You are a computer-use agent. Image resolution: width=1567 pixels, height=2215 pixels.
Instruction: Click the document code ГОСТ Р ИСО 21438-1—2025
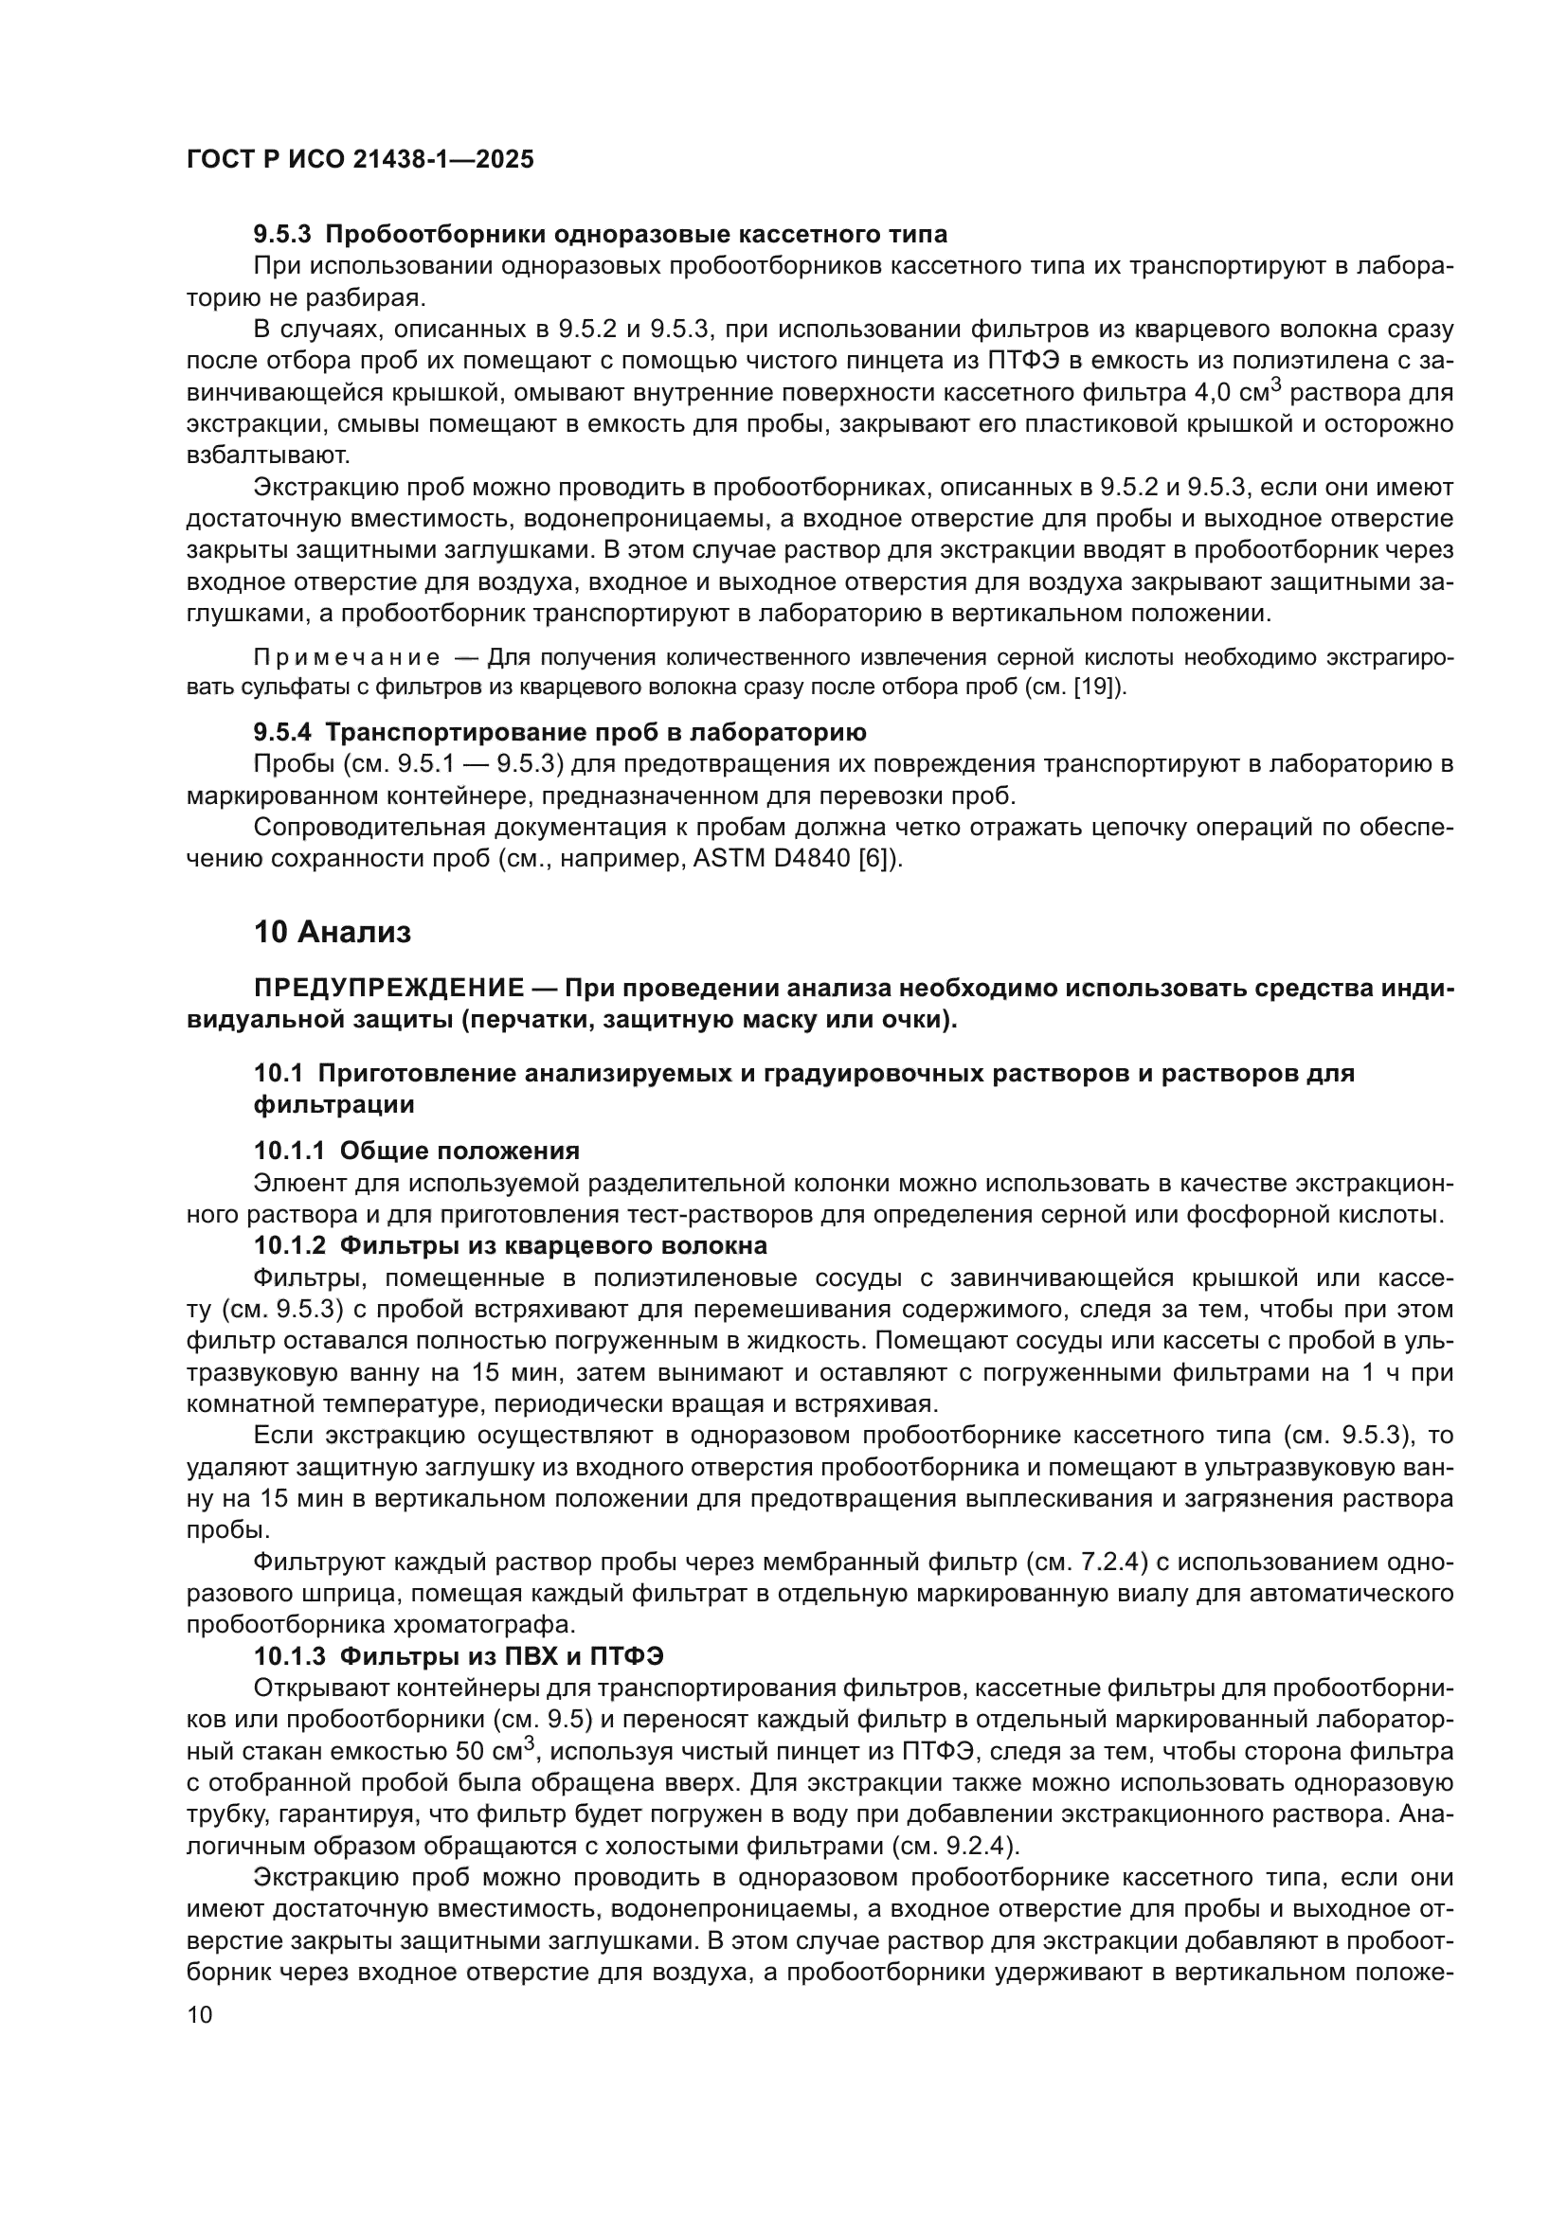(x=360, y=159)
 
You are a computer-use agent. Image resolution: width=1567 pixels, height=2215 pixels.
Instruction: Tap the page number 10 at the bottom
(x=200, y=2015)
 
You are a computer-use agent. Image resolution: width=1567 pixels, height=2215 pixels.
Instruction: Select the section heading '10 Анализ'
(x=332, y=932)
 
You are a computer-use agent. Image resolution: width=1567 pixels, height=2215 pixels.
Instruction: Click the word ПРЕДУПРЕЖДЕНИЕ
(x=388, y=988)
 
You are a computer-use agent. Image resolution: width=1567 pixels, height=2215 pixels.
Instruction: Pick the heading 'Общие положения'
(x=459, y=1151)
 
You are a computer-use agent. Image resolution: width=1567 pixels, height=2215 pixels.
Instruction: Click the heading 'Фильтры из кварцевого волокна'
(x=554, y=1245)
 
